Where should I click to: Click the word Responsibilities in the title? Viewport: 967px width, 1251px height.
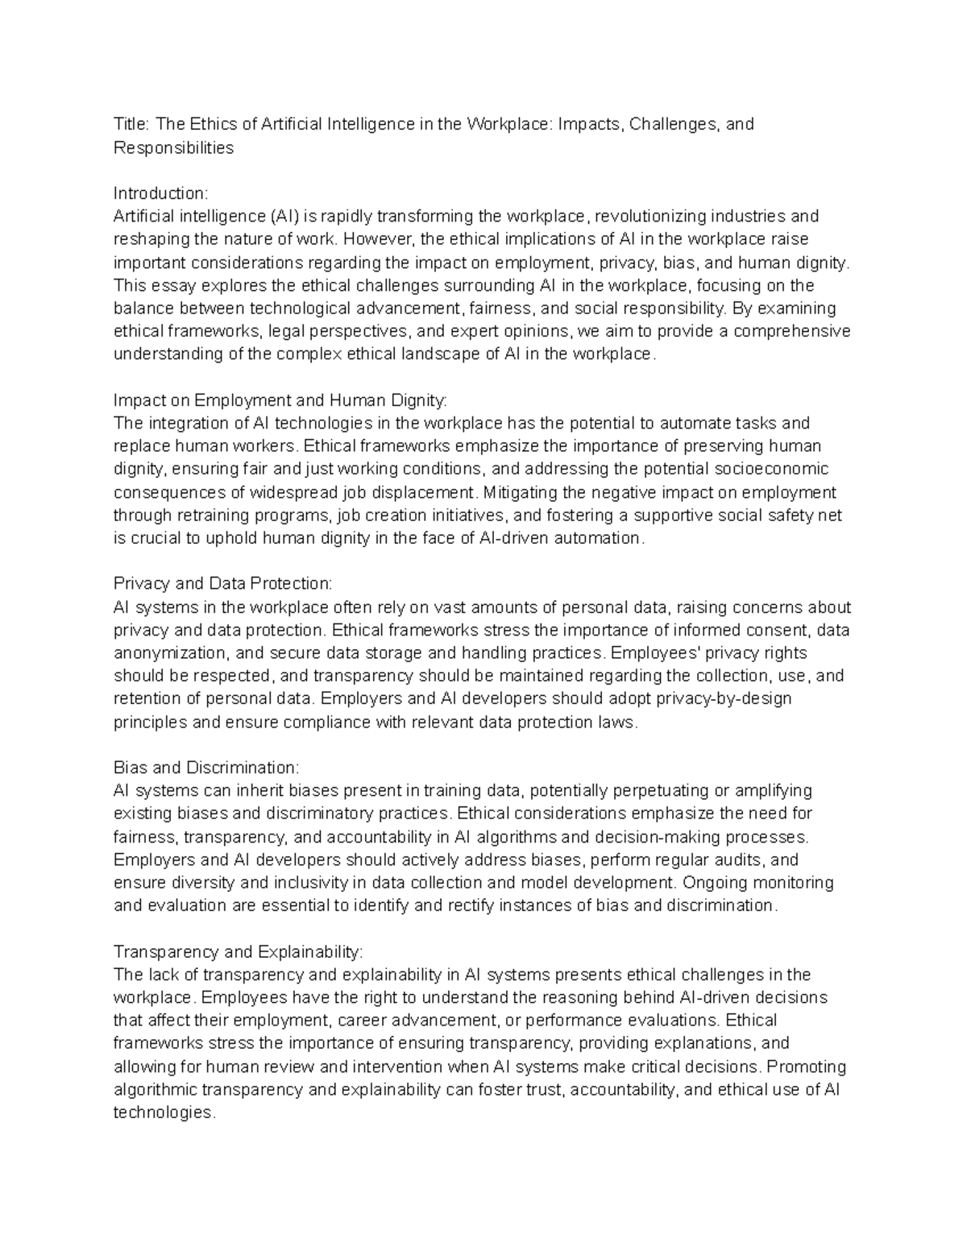(173, 147)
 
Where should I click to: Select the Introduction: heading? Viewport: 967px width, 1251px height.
(160, 193)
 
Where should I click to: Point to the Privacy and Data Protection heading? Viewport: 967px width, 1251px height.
(222, 583)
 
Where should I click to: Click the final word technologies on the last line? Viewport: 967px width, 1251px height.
(164, 1112)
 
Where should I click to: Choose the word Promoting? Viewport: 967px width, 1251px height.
(806, 1067)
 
